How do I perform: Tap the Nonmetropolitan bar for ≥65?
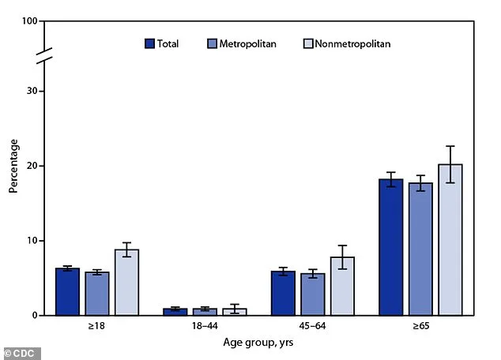450,240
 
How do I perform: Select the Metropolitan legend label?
248,43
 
